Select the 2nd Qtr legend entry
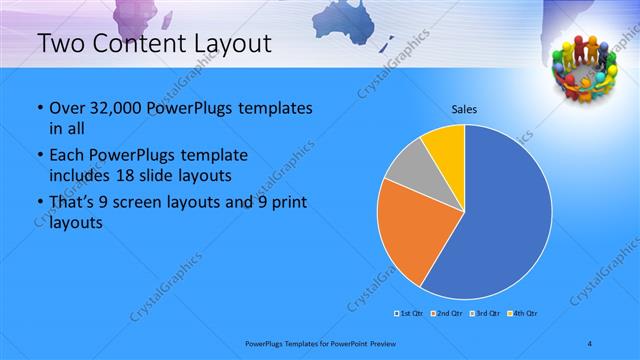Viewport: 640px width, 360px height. [447, 314]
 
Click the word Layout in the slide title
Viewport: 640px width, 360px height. [222, 43]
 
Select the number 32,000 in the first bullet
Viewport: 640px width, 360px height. [120, 108]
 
